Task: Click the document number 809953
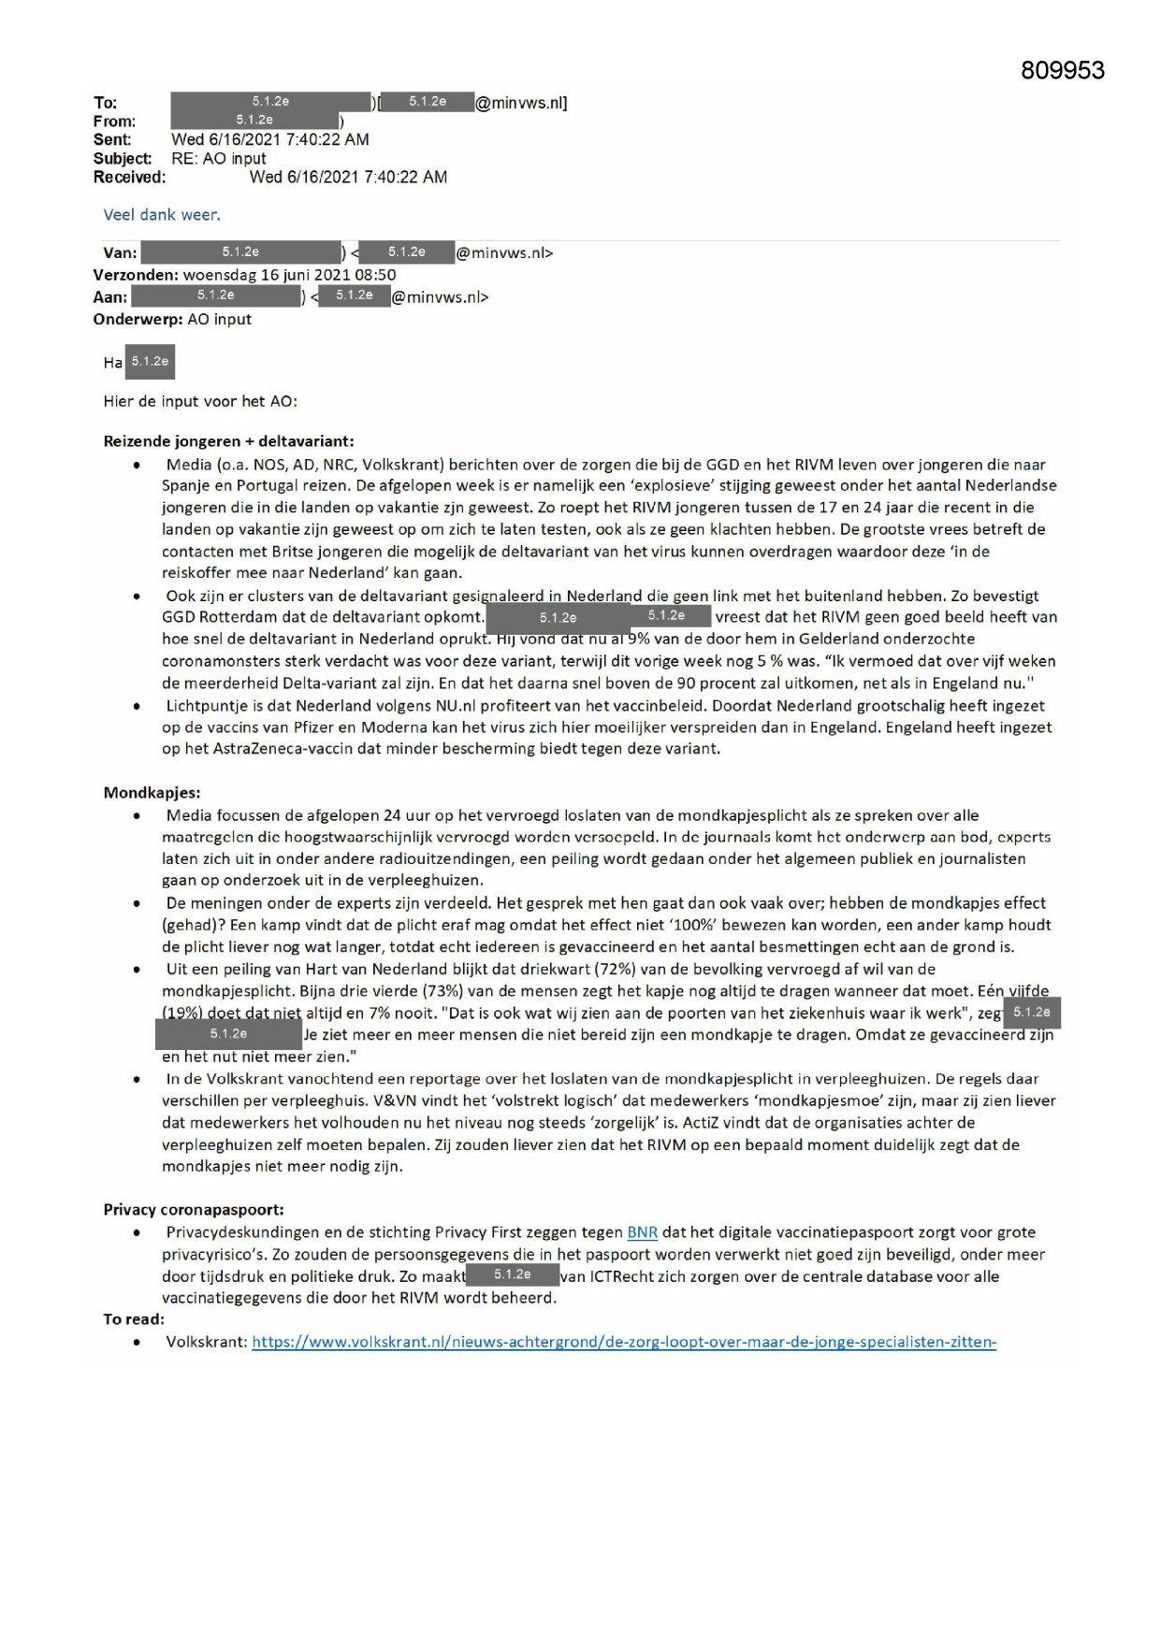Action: [x=1062, y=70]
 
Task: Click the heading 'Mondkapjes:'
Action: [x=152, y=792]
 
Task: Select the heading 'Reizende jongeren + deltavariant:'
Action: [x=228, y=440]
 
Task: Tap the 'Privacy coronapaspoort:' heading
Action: [x=194, y=1209]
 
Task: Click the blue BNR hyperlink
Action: [x=642, y=1232]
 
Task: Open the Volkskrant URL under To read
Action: [x=624, y=1342]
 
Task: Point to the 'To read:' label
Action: [x=134, y=1319]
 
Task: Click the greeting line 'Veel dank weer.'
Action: [x=162, y=214]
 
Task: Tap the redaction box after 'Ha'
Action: [x=150, y=362]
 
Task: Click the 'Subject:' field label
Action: [x=122, y=158]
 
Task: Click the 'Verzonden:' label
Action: [x=136, y=275]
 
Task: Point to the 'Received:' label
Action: [x=129, y=177]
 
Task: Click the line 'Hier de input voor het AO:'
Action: [x=200, y=401]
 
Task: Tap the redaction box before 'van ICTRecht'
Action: [x=513, y=1275]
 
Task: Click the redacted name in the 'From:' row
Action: [x=254, y=121]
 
